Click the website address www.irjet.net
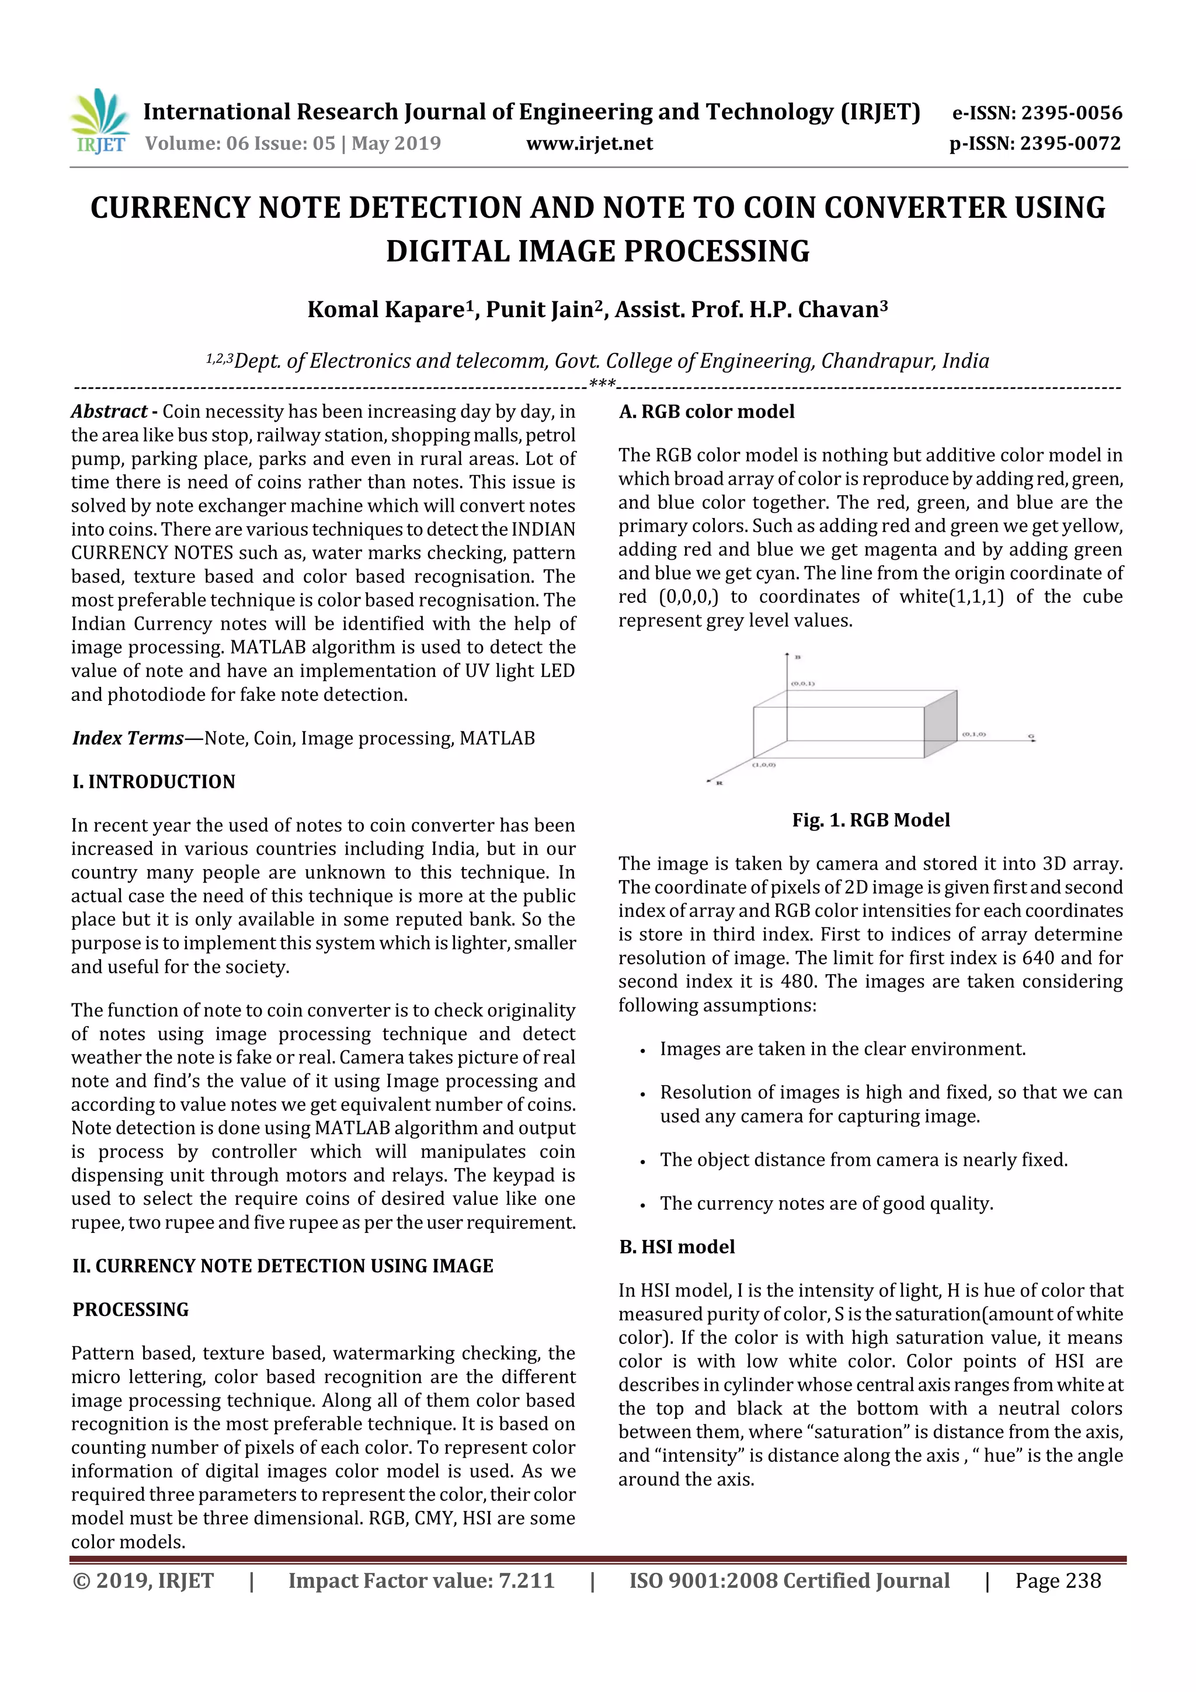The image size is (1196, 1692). pos(589,143)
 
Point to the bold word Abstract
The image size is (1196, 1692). pos(109,411)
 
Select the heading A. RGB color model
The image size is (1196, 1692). pos(706,411)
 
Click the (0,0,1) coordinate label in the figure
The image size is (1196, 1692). pos(802,683)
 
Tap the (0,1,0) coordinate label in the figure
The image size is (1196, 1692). pos(974,735)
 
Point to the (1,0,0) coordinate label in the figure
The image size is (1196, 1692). pos(763,765)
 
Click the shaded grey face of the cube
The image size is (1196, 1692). pos(940,724)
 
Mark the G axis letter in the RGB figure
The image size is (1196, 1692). pos(1031,736)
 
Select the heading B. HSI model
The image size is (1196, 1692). pos(676,1246)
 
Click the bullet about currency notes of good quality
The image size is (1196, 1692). pos(826,1203)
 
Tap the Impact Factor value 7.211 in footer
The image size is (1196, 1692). pos(526,1580)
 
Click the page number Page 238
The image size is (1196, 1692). pos(1058,1580)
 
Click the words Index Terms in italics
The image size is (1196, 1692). pos(127,738)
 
